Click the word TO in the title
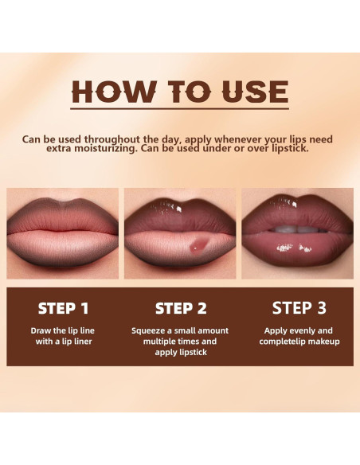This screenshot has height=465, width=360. [178, 92]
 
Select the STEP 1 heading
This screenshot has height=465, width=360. [63, 308]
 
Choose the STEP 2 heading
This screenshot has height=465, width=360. [180, 308]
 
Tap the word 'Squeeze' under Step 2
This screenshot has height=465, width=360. [151, 330]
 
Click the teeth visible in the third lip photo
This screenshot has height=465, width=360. [296, 229]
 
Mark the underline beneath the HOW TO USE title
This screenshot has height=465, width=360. [180, 108]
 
